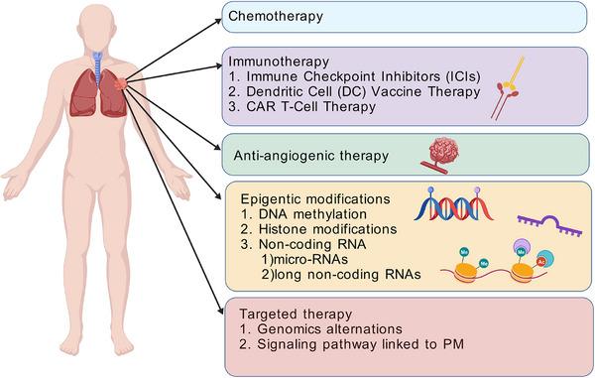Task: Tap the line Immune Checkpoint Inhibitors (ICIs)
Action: click(x=355, y=75)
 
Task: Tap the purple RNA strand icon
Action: click(x=548, y=229)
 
